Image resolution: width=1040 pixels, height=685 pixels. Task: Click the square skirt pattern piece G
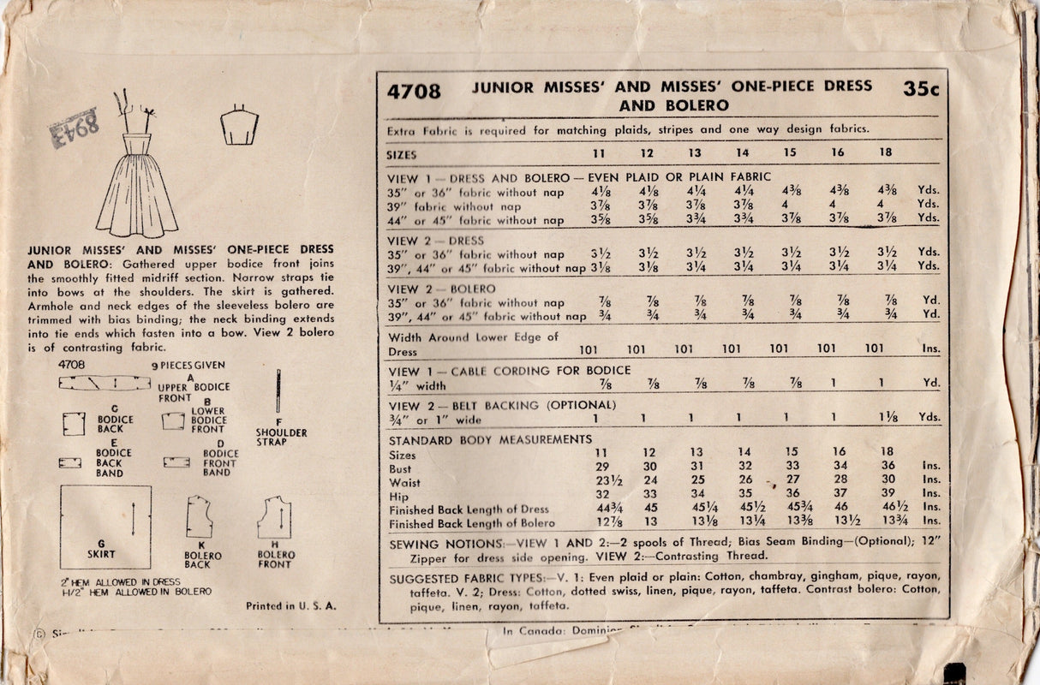point(105,527)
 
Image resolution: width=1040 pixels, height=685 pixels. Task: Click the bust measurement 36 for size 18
point(888,466)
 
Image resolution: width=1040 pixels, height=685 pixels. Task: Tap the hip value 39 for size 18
point(888,493)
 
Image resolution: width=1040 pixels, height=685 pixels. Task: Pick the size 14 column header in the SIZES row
point(743,154)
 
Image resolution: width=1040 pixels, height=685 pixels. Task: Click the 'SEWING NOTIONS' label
point(445,544)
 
